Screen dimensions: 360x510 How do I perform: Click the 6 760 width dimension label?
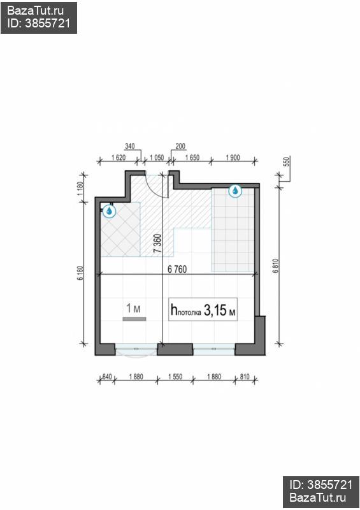coord(177,269)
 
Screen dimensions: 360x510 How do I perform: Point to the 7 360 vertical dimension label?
coord(157,244)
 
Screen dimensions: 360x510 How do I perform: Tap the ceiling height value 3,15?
coord(215,310)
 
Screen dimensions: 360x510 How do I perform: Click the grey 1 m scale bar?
coord(134,319)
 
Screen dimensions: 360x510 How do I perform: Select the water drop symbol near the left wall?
coord(109,211)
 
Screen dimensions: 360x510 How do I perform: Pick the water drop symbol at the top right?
coord(235,191)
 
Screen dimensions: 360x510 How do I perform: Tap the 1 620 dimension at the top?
coord(119,157)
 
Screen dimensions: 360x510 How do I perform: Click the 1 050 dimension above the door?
coord(156,157)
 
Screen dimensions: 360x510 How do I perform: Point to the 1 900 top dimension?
coord(233,157)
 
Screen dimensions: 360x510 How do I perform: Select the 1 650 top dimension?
coord(192,157)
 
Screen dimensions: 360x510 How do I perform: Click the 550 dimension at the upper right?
coord(286,162)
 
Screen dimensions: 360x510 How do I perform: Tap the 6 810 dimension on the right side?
coord(276,266)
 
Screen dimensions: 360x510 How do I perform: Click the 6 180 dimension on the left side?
coord(80,273)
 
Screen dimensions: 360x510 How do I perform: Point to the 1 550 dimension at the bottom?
coord(175,377)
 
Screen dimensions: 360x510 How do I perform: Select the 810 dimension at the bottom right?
coord(245,377)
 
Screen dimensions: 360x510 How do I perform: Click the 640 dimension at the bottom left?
coord(107,377)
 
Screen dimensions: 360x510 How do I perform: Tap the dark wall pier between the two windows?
coord(175,349)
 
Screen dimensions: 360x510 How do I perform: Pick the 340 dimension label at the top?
coord(129,147)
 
